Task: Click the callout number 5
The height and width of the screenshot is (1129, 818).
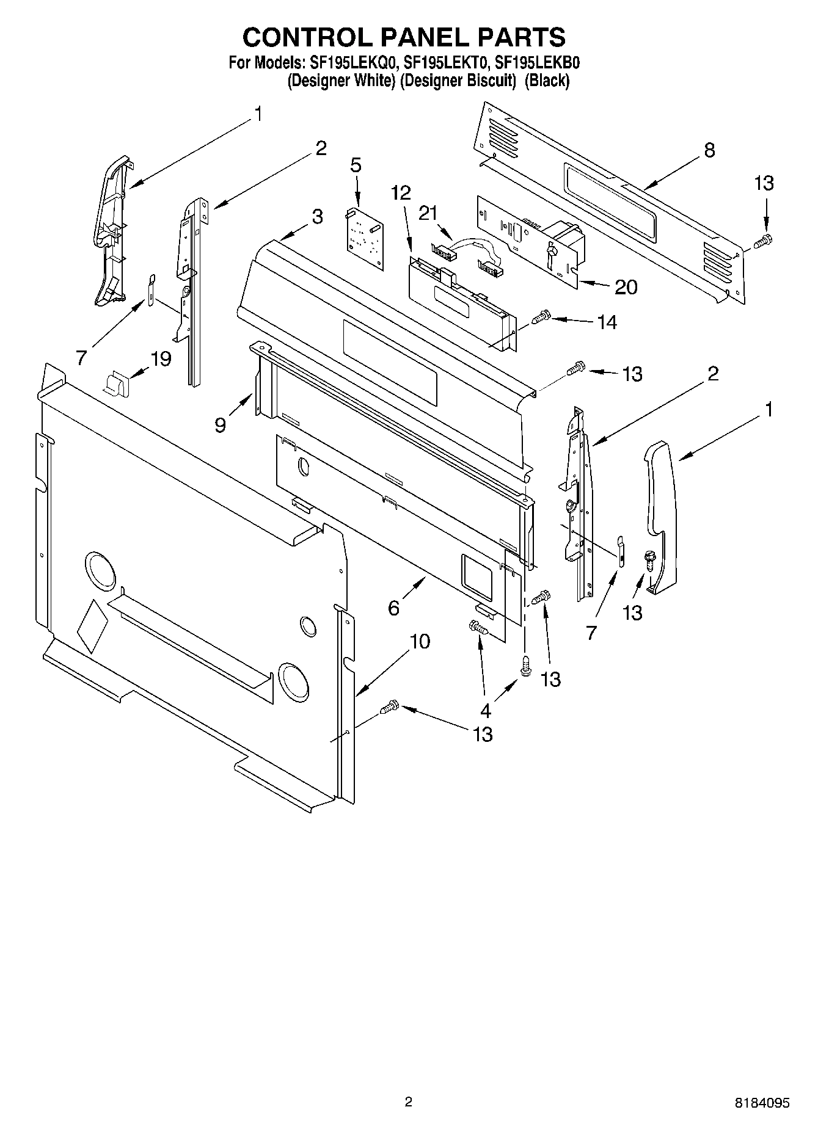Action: point(356,165)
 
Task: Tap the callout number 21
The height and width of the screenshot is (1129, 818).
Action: point(428,212)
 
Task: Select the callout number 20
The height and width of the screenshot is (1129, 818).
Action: point(626,286)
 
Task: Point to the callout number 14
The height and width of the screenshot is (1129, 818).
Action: point(607,322)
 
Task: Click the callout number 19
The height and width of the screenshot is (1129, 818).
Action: point(161,358)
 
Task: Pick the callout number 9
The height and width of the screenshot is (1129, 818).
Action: point(221,424)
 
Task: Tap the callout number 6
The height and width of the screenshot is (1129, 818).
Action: point(394,608)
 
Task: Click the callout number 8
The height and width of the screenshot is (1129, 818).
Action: point(709,150)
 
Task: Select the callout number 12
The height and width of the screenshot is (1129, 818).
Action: point(401,193)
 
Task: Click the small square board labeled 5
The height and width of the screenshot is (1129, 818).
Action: point(365,239)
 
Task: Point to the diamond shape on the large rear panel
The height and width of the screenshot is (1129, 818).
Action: point(92,626)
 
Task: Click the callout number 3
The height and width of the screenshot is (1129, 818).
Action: point(317,216)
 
